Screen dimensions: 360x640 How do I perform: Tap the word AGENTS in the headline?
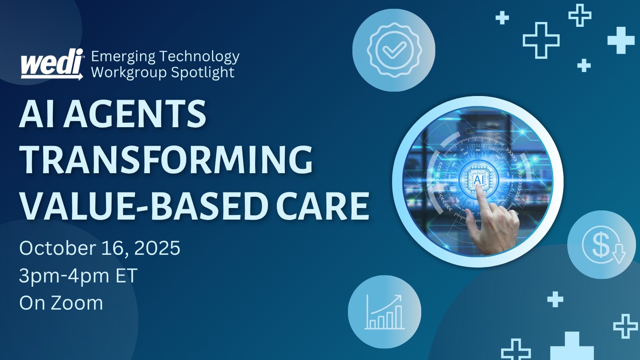coord(135,114)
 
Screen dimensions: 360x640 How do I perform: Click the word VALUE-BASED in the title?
coord(144,206)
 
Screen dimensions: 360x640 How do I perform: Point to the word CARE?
coord(322,206)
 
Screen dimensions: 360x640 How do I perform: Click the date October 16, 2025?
coord(100,248)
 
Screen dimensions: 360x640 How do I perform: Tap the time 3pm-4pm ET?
coord(78,276)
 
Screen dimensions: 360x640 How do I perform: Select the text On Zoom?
coord(61,303)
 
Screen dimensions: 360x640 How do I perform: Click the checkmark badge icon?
coord(394,50)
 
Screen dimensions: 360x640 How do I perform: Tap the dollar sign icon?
coord(601,244)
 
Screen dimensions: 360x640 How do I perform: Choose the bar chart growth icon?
coord(384,312)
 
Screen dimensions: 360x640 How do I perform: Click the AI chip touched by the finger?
coord(478,179)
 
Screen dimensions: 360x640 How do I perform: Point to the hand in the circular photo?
coord(494,226)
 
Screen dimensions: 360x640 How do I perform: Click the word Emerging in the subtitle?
coord(123,57)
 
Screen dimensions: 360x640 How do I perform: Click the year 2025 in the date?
coord(157,248)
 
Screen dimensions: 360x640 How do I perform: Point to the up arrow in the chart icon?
coord(396,299)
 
